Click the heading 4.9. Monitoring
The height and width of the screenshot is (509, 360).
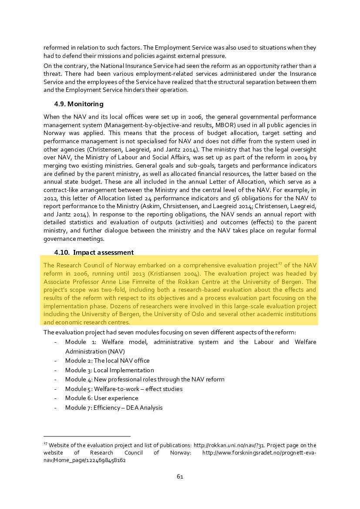coord(78,104)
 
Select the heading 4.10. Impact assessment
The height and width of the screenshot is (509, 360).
coord(94,253)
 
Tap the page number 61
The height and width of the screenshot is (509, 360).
coord(180,476)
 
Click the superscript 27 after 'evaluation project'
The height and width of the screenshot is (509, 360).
coord(280,263)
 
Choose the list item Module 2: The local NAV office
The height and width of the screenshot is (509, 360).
coord(107,361)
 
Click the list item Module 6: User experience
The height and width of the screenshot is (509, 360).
coord(101,398)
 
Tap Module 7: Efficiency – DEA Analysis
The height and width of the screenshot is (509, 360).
coord(114,408)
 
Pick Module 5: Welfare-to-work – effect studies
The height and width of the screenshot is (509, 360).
coord(124,389)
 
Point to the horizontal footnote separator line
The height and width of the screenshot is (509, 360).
coord(87,436)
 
